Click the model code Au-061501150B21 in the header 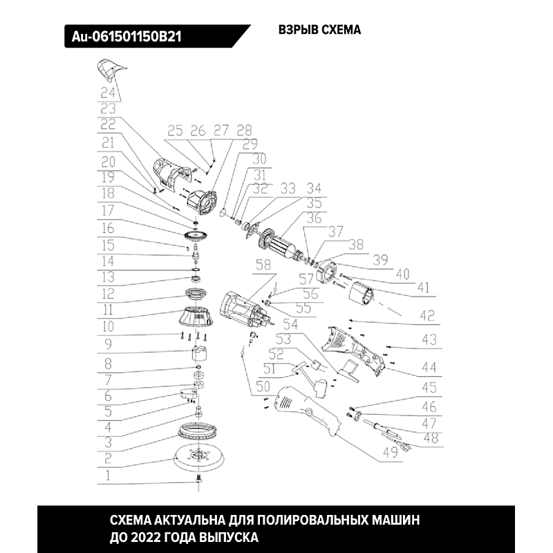pos(126,37)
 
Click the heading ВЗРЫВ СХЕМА pos(319,30)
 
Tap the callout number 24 pos(108,93)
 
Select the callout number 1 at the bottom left pos(108,476)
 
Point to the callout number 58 pos(263,265)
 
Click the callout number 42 pos(427,316)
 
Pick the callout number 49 pos(391,453)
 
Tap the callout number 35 pos(314,203)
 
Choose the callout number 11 pos(108,310)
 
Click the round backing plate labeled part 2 pos(199,456)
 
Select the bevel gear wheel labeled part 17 pos(195,236)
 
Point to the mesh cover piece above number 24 pos(110,70)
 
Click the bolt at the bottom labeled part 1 pos(198,480)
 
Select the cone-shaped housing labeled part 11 pos(196,317)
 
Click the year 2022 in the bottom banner pos(145,538)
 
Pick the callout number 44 pos(429,368)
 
